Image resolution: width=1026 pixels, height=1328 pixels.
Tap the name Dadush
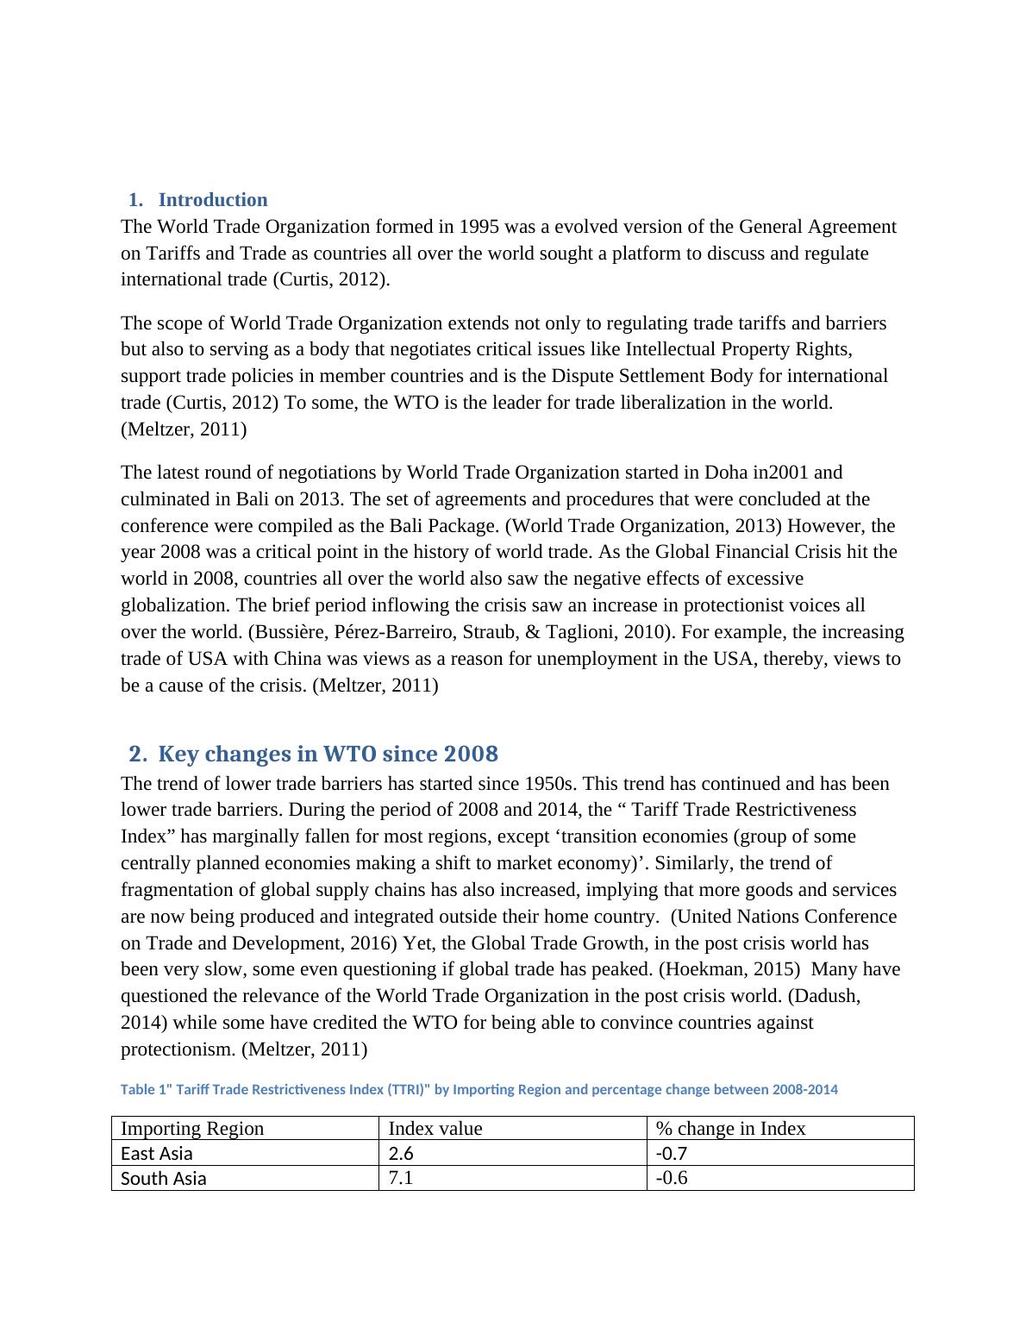(x=825, y=996)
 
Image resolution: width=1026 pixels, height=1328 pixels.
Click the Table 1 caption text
(x=479, y=1090)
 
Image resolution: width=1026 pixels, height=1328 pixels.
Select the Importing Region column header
(x=192, y=1129)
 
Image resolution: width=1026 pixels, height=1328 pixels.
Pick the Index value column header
(x=435, y=1129)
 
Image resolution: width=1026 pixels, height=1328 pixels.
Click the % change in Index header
(x=730, y=1129)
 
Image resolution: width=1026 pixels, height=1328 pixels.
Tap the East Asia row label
(x=157, y=1154)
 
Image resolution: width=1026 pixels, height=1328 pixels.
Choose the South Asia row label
(x=163, y=1179)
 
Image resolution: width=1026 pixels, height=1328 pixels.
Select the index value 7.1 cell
(x=401, y=1179)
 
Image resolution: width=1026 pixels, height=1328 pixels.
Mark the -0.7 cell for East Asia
(x=672, y=1154)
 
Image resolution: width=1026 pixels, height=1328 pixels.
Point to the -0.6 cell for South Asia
(x=672, y=1179)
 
